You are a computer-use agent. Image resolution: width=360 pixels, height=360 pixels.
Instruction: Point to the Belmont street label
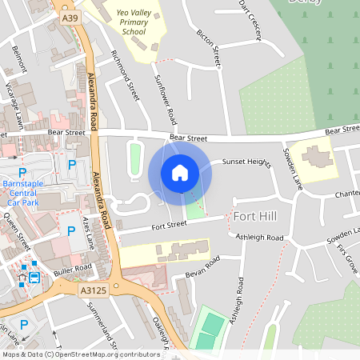[x=19, y=59]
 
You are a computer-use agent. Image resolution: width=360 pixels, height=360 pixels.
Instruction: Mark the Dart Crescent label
[x=250, y=12]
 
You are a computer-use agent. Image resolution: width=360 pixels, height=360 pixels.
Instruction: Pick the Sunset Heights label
[x=247, y=162]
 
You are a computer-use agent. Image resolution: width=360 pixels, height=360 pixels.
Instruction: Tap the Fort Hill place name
[x=254, y=217]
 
